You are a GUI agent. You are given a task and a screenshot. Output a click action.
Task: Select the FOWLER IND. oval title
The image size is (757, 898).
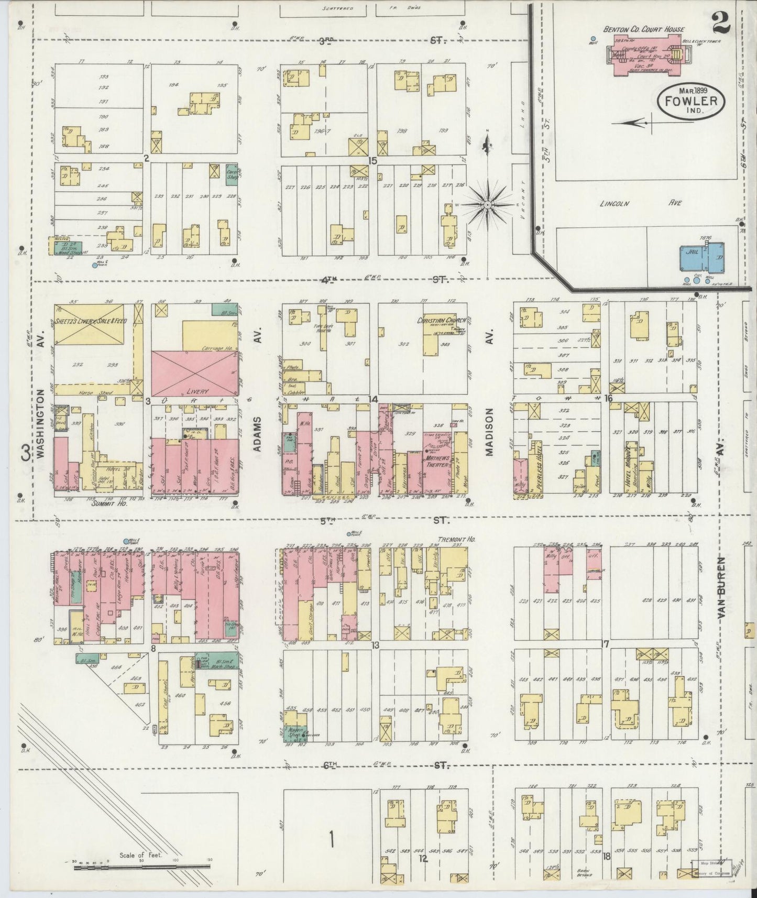point(691,100)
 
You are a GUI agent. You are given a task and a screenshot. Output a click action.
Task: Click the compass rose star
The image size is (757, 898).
point(488,202)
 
